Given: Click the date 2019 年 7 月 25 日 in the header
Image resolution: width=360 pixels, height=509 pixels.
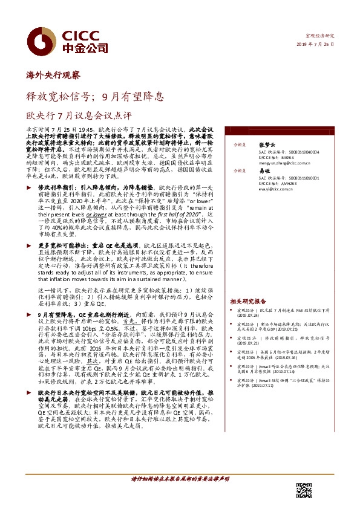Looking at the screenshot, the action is [316, 46].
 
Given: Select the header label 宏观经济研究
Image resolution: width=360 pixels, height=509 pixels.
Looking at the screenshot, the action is [321, 35].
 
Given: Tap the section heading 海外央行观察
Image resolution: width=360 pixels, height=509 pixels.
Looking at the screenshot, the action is [54, 76].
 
